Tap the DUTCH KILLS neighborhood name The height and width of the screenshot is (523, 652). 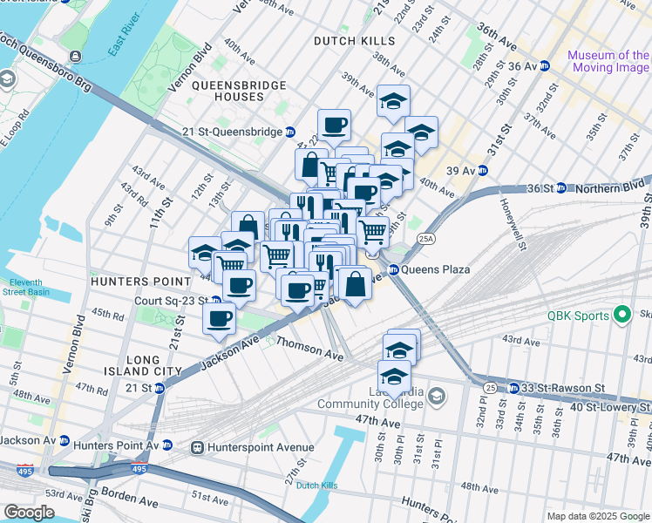pyautogui.click(x=356, y=41)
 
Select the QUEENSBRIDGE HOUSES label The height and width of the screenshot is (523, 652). pyautogui.click(x=227, y=91)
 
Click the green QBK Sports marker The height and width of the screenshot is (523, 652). pyautogui.click(x=621, y=315)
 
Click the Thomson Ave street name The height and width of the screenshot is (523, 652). pyautogui.click(x=310, y=349)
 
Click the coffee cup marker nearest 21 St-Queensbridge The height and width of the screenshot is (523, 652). pyautogui.click(x=333, y=125)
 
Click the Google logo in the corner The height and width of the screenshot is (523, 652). pyautogui.click(x=28, y=512)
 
